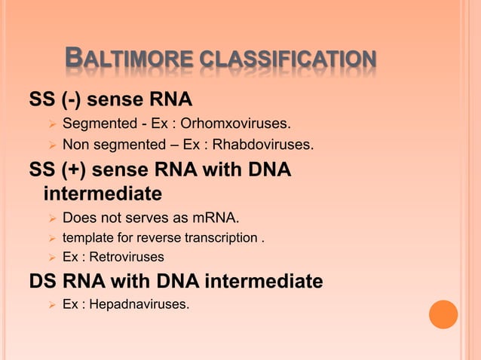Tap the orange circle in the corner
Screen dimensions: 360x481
coord(443,315)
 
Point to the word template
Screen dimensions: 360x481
coord(88,238)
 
